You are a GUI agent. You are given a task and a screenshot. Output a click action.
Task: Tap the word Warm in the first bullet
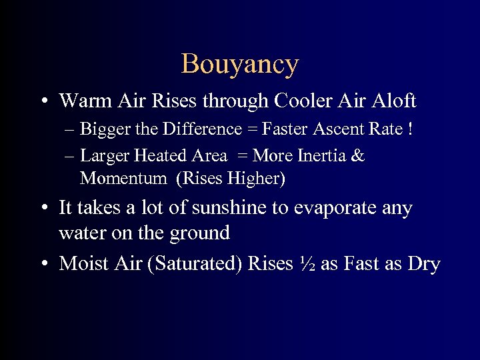[x=81, y=101]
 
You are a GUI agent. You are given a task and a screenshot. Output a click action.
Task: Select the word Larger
[x=104, y=156]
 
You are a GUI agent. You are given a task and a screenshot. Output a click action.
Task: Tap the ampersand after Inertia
[x=358, y=156]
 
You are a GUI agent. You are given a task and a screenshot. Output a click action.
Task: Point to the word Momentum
[x=123, y=179]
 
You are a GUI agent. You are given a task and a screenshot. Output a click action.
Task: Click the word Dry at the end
[x=424, y=264]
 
